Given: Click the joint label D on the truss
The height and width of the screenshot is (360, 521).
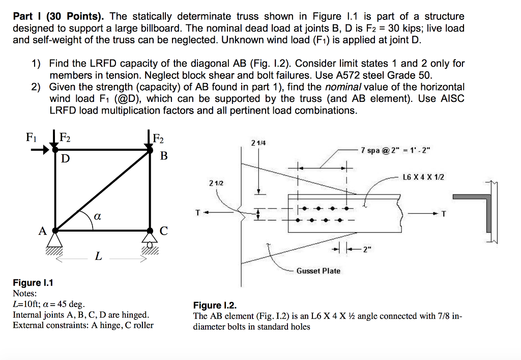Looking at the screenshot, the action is [x=65, y=159].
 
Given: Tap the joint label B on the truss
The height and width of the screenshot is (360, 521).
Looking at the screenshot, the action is [x=163, y=155].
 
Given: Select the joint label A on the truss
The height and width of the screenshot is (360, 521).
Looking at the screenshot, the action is [x=43, y=231].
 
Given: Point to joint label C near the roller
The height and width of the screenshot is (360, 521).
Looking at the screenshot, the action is [x=163, y=231].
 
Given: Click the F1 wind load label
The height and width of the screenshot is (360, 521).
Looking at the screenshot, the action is [x=32, y=136].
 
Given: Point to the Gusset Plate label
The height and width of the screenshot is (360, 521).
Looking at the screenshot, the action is [x=319, y=271].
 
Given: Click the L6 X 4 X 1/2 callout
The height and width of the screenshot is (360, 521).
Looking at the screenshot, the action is [x=423, y=177].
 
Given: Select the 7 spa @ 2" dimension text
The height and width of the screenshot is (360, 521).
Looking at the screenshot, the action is [x=395, y=150].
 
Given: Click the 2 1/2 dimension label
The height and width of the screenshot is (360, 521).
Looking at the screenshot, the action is [x=216, y=182].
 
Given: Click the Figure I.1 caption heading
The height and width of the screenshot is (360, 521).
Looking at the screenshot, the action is [x=33, y=283].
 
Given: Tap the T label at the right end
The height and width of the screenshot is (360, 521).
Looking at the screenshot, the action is [x=443, y=214].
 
